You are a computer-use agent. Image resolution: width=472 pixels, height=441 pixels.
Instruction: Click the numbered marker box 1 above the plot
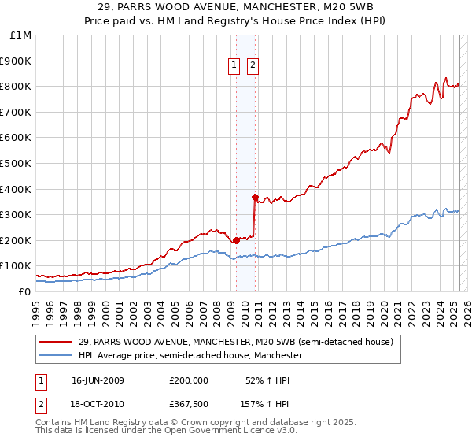coord(234,66)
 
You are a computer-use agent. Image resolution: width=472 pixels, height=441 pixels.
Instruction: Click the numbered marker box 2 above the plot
coord(253,66)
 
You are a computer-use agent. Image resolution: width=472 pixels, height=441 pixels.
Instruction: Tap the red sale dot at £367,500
coord(255,197)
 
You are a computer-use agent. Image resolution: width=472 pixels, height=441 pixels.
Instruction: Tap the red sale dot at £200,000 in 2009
coord(236,240)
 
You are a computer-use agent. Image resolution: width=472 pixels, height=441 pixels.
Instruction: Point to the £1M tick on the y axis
coord(21,35)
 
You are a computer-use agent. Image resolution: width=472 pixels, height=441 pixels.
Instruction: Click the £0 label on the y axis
coord(24,292)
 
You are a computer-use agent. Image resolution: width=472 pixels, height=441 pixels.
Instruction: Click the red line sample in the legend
coord(57,342)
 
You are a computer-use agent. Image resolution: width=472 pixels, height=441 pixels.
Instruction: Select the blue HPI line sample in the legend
coord(57,356)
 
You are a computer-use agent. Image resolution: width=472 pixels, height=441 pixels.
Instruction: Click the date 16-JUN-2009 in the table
coord(98,380)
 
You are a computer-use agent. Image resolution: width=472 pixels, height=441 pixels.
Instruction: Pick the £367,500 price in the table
coord(189,405)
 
